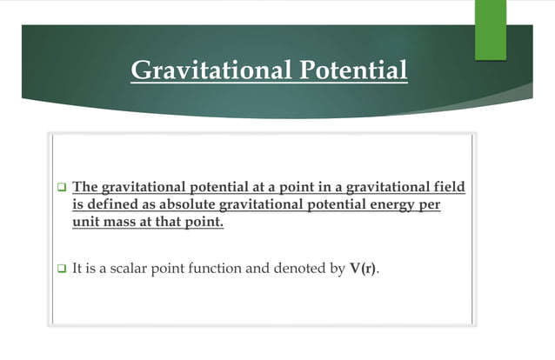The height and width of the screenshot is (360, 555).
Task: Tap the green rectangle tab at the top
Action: tap(490, 30)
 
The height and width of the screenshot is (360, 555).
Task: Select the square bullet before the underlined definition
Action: tap(62, 187)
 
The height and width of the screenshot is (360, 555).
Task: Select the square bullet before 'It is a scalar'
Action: tap(62, 270)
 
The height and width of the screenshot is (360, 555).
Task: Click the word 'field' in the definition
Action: tap(446, 186)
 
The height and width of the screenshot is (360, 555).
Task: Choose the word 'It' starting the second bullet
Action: tap(78, 270)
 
